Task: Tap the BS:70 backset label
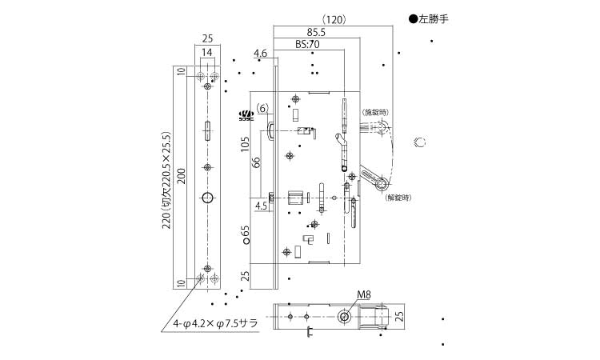click(x=306, y=46)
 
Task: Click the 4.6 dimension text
click(x=260, y=54)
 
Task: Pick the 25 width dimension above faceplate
click(x=207, y=38)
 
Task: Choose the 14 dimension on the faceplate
click(x=207, y=52)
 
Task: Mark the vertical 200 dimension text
click(x=182, y=177)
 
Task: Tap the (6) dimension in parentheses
click(x=263, y=108)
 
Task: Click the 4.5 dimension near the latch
click(x=261, y=206)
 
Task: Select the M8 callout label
click(x=363, y=294)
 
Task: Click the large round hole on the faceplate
click(x=207, y=198)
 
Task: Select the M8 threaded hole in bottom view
click(x=344, y=317)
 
